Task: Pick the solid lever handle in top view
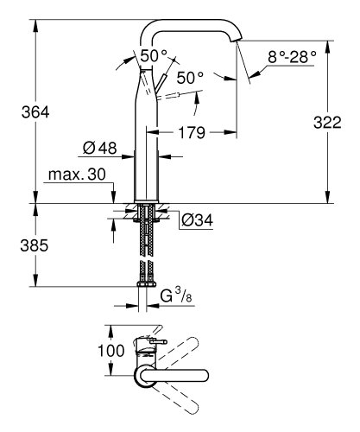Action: click(x=152, y=346)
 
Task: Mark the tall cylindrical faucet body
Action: click(x=142, y=147)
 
